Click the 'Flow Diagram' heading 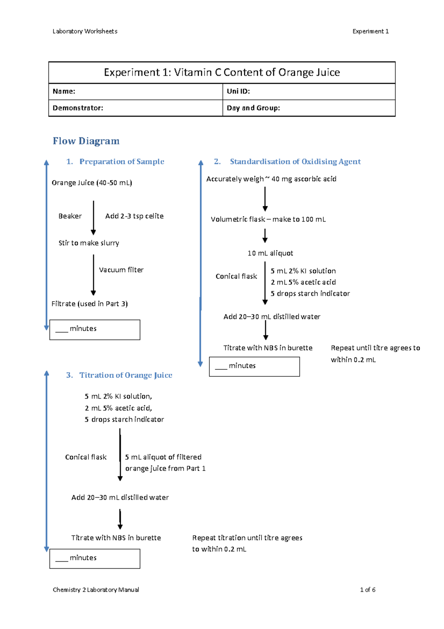86,141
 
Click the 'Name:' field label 64,91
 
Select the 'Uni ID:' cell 309,91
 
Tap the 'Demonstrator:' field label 78,108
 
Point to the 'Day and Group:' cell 309,108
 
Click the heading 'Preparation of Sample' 122,162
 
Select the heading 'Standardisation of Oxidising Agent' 295,162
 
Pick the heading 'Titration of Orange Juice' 126,375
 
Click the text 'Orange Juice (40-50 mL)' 92,183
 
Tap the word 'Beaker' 70,216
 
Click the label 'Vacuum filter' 121,270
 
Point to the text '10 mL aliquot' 270,253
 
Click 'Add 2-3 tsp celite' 134,216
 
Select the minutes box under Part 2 254,367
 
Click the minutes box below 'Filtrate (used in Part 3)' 95,330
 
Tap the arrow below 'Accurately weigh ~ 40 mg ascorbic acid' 265,199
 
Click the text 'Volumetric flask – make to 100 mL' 268,219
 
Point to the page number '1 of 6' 367,590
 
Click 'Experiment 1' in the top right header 370,31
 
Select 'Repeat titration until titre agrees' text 247,538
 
